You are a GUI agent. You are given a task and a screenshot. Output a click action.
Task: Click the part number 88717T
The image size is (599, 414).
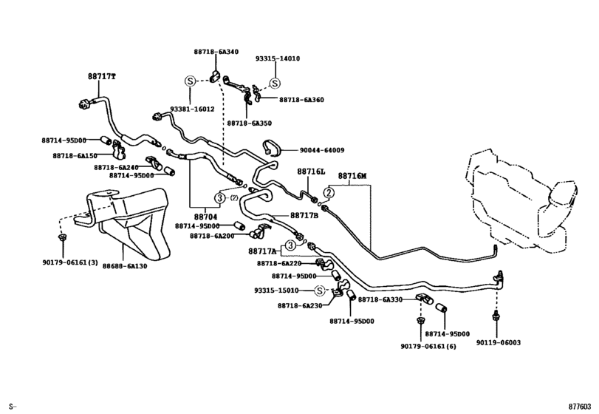coord(102,76)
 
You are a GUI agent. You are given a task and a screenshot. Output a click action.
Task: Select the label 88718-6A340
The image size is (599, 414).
coord(216,52)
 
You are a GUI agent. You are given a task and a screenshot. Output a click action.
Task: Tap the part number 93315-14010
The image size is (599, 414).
coord(278,58)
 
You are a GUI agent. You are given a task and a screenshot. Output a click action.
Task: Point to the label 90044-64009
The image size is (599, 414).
coord(321,150)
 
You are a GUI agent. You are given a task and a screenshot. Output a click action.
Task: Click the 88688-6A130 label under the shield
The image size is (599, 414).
coord(125,266)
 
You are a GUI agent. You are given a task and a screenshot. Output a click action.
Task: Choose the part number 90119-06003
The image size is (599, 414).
coord(498,342)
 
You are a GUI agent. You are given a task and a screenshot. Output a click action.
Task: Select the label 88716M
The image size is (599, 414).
coord(352,176)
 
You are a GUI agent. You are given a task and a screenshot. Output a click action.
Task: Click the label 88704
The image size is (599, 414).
coord(205,217)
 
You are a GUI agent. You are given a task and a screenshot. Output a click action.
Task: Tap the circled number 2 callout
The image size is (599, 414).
coord(329,192)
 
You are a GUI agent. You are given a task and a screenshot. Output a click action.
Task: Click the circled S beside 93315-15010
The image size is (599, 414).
coord(319,291)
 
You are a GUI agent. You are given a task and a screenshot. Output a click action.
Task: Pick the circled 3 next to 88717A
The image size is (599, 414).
coord(290,245)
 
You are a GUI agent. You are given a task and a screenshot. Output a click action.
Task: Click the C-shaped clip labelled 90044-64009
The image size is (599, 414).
coord(272,149)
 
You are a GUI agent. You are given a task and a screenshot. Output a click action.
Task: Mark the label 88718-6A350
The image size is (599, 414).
coord(249,123)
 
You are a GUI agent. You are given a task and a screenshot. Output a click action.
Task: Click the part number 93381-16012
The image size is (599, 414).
coord(192,109)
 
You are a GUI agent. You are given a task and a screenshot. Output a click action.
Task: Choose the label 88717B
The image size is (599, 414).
coord(304,216)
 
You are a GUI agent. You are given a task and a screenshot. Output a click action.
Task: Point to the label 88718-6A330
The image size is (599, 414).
coord(380,299)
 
